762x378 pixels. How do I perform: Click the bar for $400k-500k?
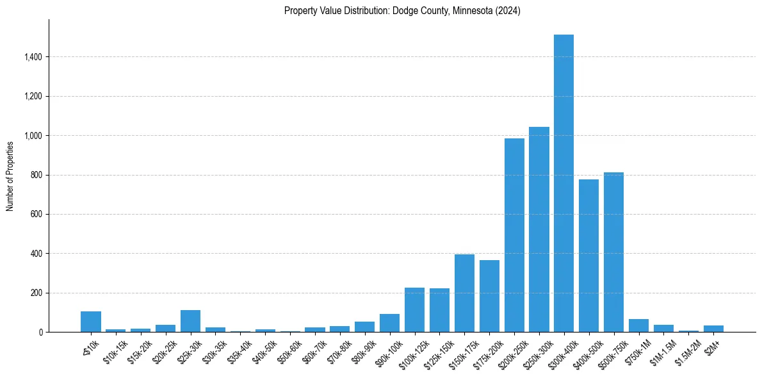pos(588,256)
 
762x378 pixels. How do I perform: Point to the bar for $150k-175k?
pos(464,293)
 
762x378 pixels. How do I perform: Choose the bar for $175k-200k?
pos(489,296)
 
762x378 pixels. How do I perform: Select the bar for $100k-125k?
pos(414,310)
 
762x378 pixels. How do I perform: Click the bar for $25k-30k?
pos(190,321)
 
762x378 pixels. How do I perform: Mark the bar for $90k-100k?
pos(389,323)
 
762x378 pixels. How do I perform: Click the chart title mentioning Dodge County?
pos(402,11)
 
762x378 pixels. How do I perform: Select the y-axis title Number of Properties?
pos(10,176)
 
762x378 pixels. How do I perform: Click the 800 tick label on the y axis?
pos(35,175)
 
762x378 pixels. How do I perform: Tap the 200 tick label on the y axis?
pos(35,293)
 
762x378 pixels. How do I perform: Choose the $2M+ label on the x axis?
pos(711,346)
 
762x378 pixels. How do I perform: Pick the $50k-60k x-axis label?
pos(289,350)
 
